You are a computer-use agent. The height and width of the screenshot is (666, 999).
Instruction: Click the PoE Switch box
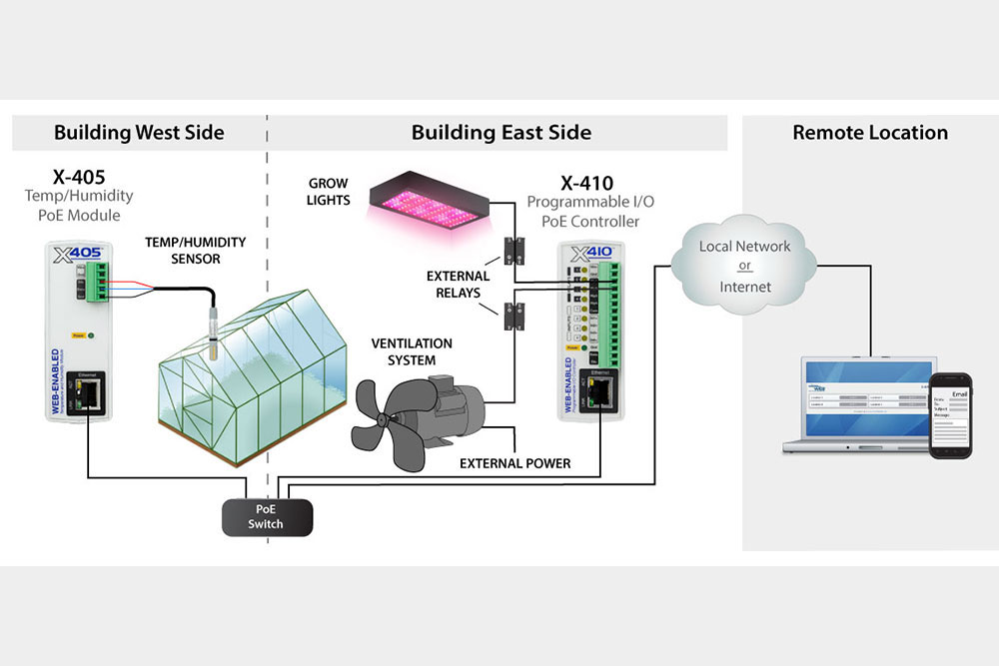[266, 517]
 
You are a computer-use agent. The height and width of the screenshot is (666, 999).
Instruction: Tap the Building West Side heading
[139, 133]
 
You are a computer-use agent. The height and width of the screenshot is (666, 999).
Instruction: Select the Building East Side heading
[500, 133]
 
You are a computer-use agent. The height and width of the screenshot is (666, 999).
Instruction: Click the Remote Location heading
[869, 133]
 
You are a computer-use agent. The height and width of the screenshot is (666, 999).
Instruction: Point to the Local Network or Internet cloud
[744, 266]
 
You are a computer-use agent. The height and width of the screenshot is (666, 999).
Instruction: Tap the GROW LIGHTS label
[329, 192]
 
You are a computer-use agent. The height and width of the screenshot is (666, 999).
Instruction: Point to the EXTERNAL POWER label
[515, 463]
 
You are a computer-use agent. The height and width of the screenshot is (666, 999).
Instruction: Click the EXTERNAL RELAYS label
[459, 285]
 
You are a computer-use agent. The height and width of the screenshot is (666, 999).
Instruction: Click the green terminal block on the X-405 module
[97, 283]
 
